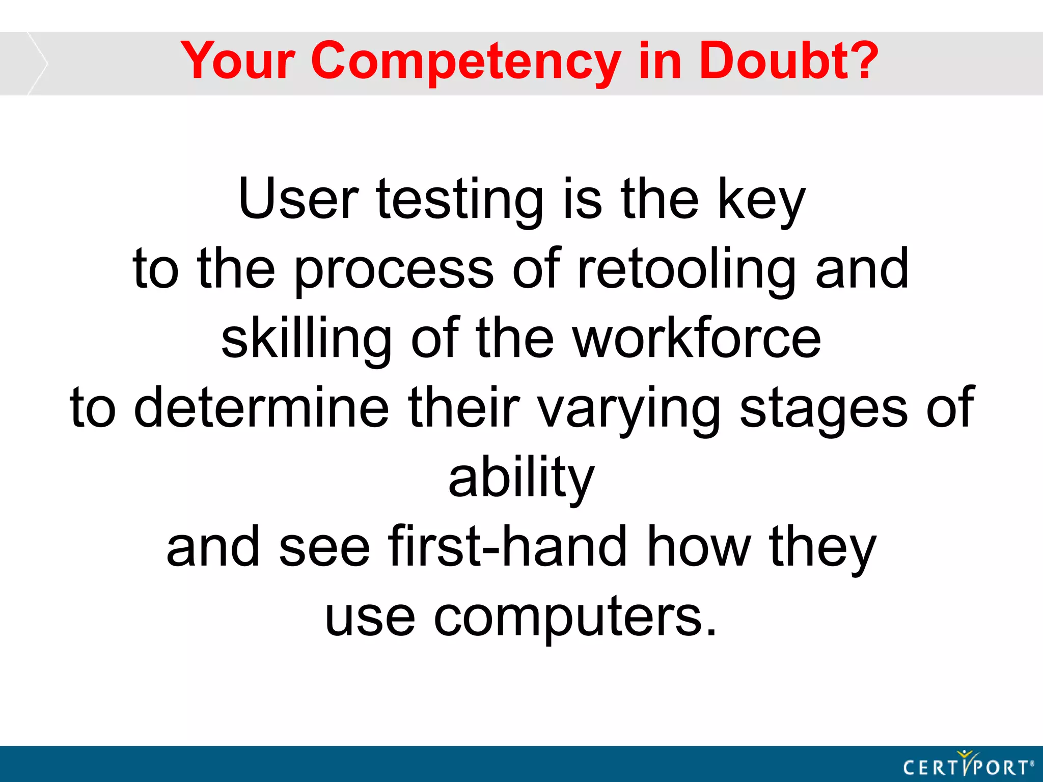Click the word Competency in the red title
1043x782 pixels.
[x=465, y=62]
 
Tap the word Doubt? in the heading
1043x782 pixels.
[x=788, y=61]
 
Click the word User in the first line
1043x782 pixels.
[x=298, y=200]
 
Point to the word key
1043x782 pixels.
[x=761, y=202]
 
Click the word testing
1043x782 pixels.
[x=459, y=202]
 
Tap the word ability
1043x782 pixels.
[x=521, y=479]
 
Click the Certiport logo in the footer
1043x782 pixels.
[x=968, y=765]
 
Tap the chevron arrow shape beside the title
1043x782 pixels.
[x=37, y=64]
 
